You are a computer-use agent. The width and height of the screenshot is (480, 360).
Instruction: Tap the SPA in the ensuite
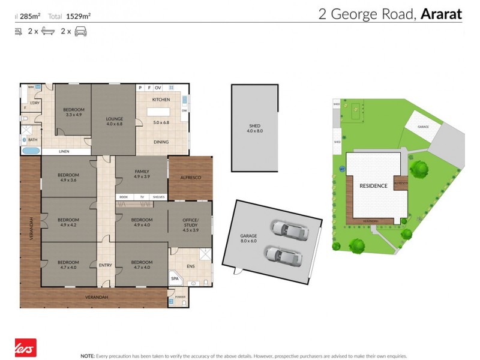coord(176,279)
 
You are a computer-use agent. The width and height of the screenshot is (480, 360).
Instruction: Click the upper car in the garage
coord(287,228)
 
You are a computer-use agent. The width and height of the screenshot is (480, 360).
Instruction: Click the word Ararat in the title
coord(441,14)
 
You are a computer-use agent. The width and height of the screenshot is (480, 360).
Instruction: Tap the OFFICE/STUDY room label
coord(190,223)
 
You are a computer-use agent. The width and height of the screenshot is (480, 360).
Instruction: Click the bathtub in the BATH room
coord(31,149)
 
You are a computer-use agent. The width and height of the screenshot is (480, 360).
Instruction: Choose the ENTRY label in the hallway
coord(105,265)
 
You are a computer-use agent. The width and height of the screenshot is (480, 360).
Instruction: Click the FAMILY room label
coord(141,174)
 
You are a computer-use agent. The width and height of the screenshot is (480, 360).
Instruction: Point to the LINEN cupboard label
coord(64,151)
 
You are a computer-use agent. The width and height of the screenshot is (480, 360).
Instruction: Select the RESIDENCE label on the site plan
coord(373,186)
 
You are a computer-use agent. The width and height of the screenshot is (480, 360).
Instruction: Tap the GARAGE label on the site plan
coord(423,127)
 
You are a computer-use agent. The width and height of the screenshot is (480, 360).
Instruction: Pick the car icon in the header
coord(80,32)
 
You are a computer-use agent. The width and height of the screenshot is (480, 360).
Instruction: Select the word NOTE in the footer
coord(88,355)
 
